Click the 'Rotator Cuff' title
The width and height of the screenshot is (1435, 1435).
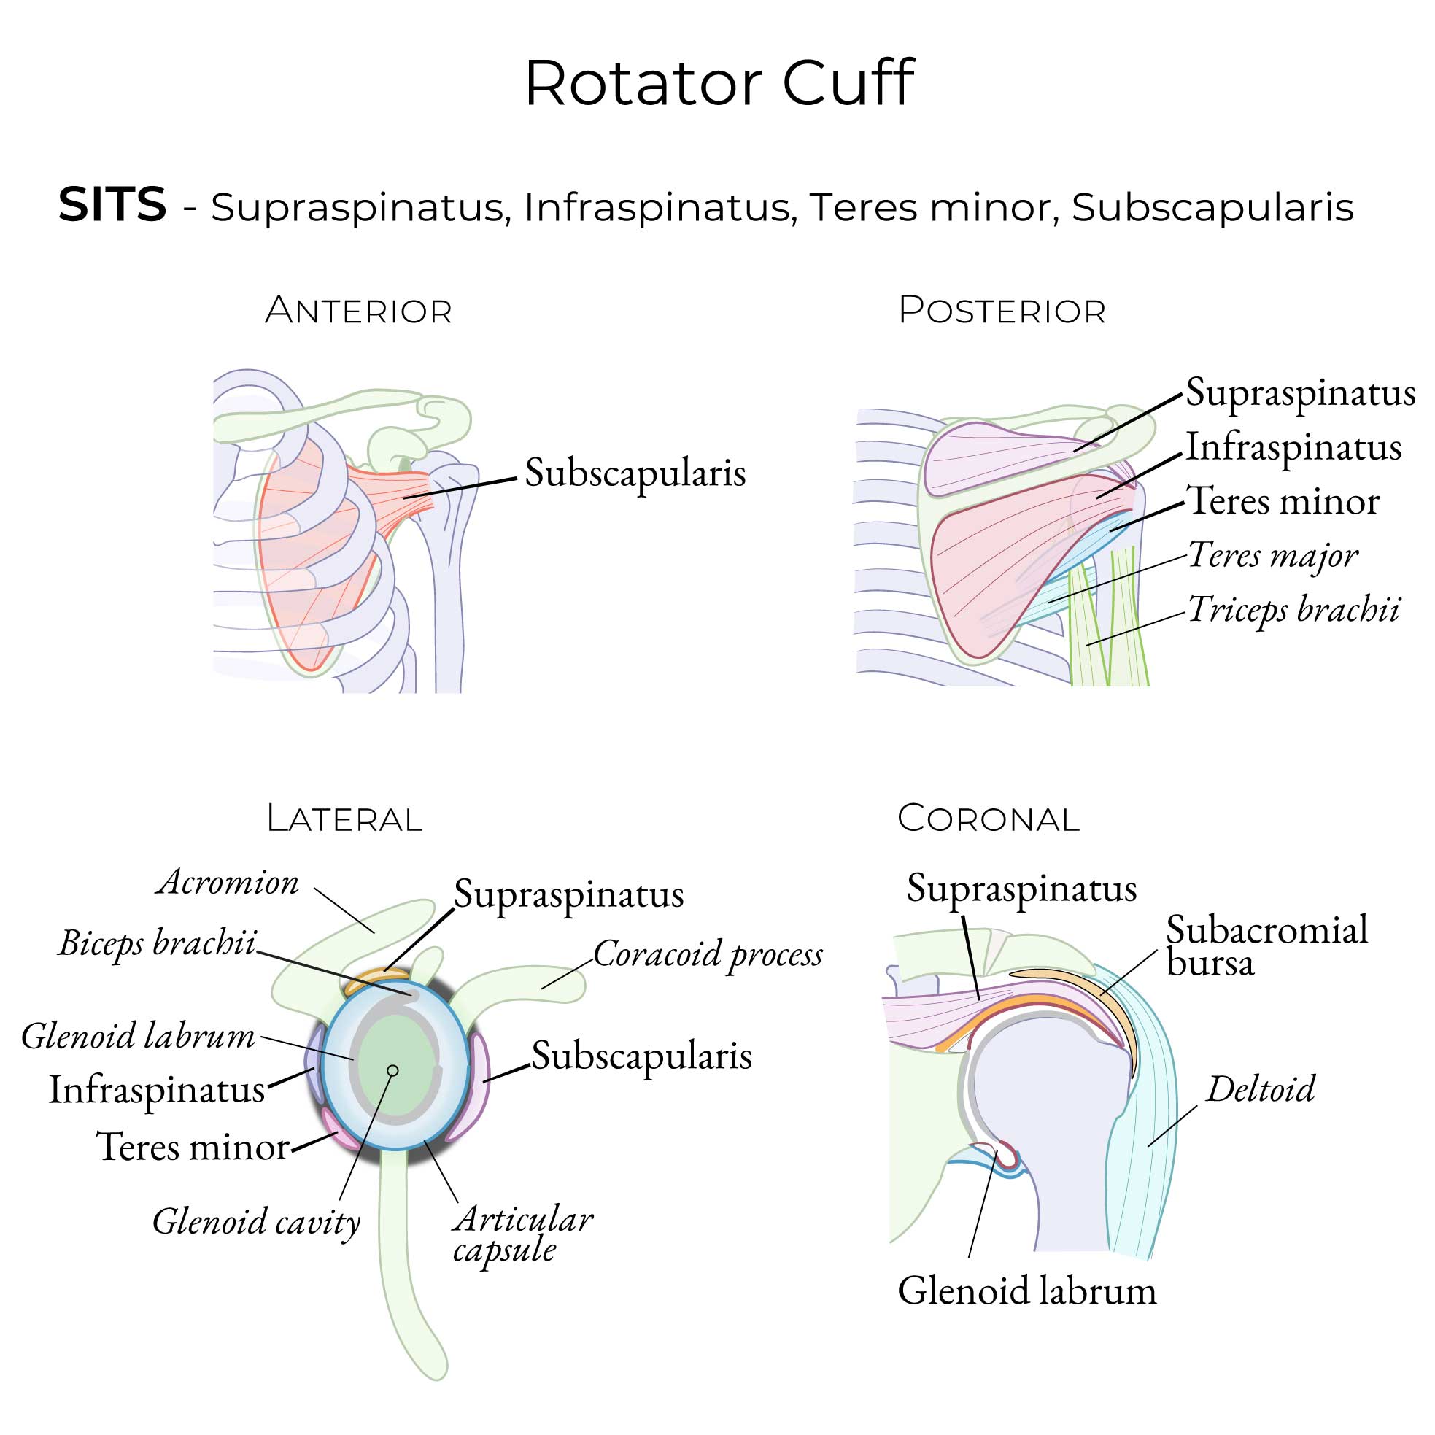[x=719, y=83]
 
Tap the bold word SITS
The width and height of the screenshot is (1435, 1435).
[x=112, y=204]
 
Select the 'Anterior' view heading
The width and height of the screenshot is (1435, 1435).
[x=358, y=311]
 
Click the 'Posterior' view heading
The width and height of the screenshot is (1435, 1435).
[x=1002, y=311]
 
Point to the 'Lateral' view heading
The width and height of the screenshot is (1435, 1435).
[x=344, y=819]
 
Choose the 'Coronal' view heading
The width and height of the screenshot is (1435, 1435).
[x=988, y=819]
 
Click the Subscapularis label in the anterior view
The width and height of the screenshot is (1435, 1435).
[x=635, y=473]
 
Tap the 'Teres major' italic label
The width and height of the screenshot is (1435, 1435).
[x=1273, y=556]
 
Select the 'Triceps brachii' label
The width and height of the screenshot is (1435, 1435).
[x=1294, y=610]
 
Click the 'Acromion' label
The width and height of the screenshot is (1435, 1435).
[x=228, y=883]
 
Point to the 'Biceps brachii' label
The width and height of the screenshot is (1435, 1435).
[x=158, y=943]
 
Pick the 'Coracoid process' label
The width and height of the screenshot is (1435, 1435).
[x=708, y=954]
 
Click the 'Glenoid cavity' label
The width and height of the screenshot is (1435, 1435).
[x=256, y=1222]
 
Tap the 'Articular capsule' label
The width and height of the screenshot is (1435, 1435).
[x=522, y=1234]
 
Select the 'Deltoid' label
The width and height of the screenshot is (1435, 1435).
[x=1261, y=1090]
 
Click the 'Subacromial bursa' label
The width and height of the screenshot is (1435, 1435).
[x=1266, y=945]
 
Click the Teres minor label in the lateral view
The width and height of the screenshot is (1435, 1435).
[x=193, y=1147]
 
